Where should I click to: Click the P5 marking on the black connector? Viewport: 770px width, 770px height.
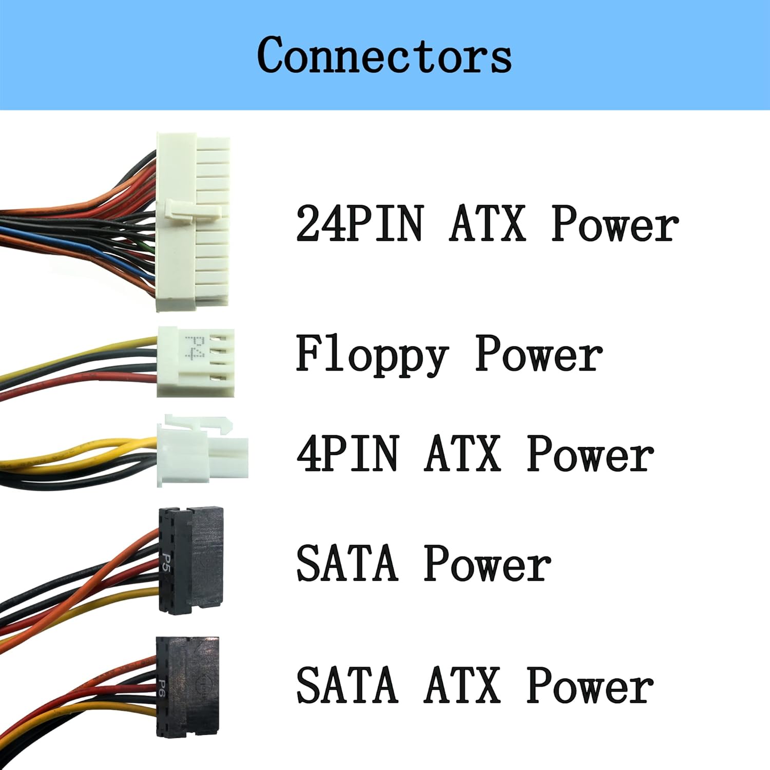(166, 562)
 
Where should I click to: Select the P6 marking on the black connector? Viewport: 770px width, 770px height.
(162, 688)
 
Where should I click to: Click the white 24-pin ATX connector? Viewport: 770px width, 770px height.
(192, 222)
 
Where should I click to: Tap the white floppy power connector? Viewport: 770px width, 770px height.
(195, 361)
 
